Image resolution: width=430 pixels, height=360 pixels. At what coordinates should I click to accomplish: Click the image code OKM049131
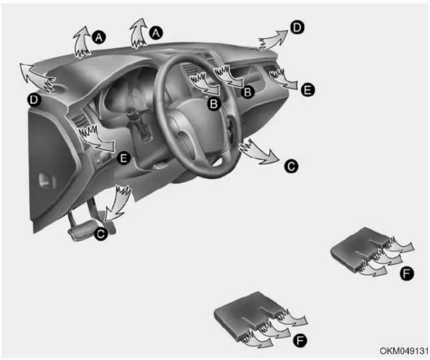(404, 351)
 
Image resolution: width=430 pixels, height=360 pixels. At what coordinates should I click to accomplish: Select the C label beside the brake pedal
(101, 234)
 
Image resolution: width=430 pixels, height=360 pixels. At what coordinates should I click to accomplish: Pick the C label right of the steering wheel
(291, 166)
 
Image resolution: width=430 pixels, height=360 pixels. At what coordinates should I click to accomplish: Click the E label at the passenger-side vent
(307, 90)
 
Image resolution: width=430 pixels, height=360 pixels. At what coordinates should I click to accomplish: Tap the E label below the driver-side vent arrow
(123, 158)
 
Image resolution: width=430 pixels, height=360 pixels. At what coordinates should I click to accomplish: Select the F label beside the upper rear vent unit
(407, 273)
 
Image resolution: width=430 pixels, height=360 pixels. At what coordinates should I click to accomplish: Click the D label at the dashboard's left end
(34, 100)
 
